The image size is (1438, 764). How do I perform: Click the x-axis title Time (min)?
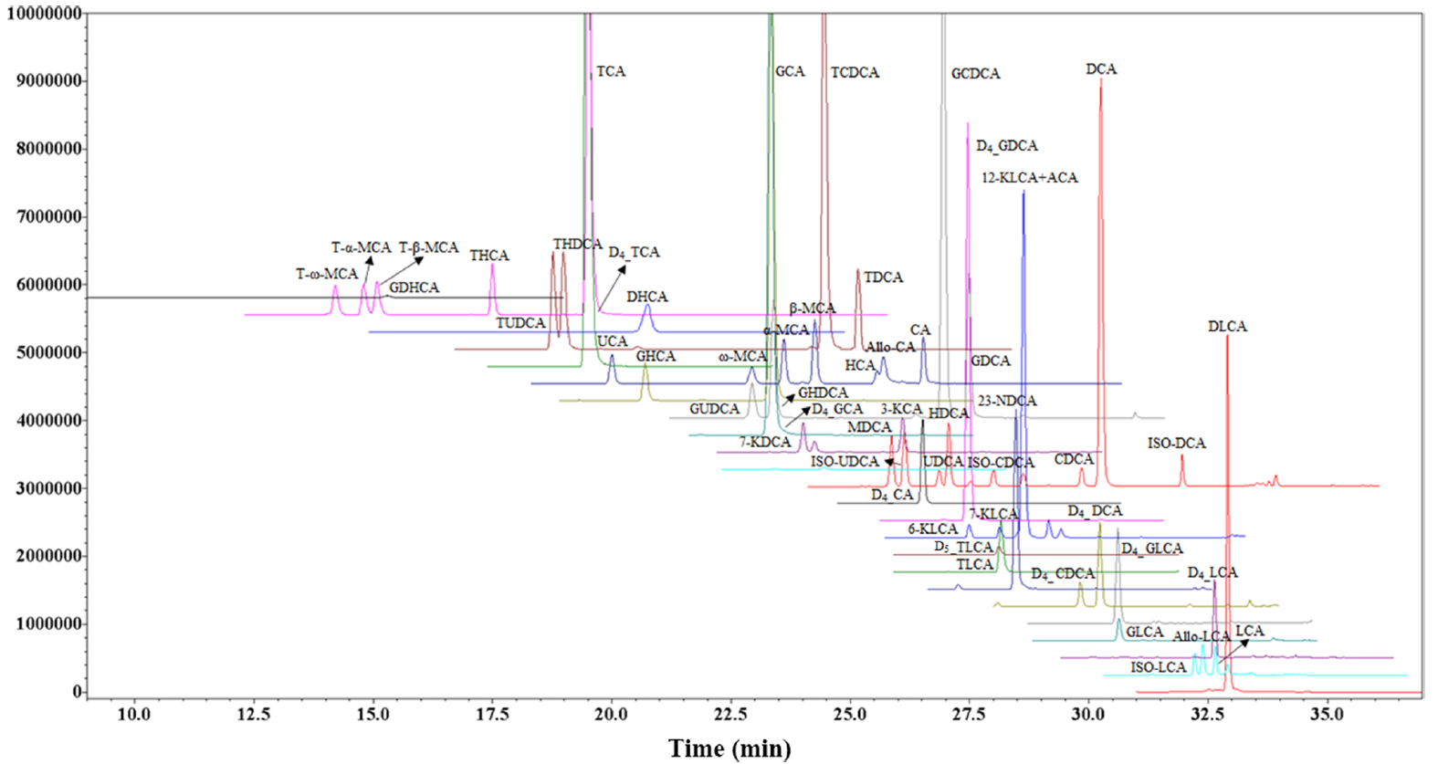[x=729, y=748]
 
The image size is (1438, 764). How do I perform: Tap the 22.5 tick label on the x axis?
[x=730, y=714]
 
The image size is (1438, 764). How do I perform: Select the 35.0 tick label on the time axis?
[x=1327, y=714]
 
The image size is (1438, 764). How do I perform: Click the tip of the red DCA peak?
[x=1100, y=80]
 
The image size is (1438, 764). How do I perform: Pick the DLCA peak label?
[x=1226, y=327]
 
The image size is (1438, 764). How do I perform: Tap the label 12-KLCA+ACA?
[x=1029, y=178]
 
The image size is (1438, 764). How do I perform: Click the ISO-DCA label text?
[x=1176, y=444]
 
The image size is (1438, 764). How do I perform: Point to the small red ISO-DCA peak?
[x=1182, y=456]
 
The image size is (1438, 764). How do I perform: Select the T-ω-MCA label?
[x=327, y=274]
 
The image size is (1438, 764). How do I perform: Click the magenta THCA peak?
[x=492, y=266]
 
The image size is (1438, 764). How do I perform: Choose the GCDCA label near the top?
[x=975, y=74]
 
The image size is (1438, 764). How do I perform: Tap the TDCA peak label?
[x=883, y=277]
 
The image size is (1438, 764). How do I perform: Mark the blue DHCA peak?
[x=647, y=307]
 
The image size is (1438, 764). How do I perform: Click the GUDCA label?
[x=714, y=409]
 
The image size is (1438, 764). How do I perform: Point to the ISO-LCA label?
[x=1158, y=667]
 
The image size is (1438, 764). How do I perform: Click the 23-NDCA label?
[x=1007, y=401]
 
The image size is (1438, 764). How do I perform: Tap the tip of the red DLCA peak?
[x=1227, y=337]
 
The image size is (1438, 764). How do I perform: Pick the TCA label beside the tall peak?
[x=611, y=71]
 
